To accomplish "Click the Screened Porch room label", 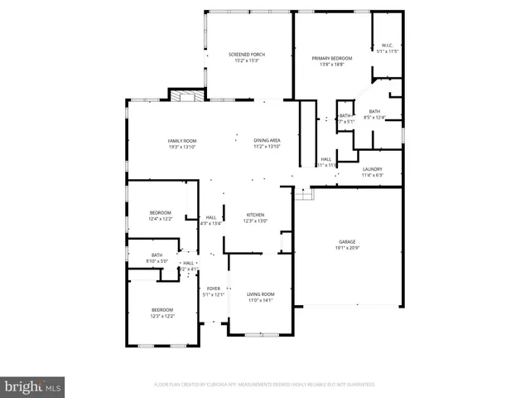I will pyautogui.click(x=247, y=55).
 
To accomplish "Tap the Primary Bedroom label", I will pyautogui.click(x=332, y=58).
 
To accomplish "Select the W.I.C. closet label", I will pyautogui.click(x=387, y=45).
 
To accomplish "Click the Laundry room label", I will pyautogui.click(x=372, y=169).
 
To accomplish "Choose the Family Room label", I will pyautogui.click(x=182, y=141).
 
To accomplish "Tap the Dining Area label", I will pyautogui.click(x=267, y=141).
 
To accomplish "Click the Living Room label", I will pyautogui.click(x=261, y=294).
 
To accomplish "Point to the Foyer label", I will pyautogui.click(x=214, y=289).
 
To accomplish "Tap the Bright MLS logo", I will pyautogui.click(x=32, y=386).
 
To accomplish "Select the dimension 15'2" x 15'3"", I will pyautogui.click(x=247, y=61).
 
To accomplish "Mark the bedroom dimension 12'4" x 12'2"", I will pyautogui.click(x=160, y=219).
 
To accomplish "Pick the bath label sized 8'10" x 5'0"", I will pyautogui.click(x=157, y=255).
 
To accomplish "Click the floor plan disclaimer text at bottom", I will pyautogui.click(x=265, y=385).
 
